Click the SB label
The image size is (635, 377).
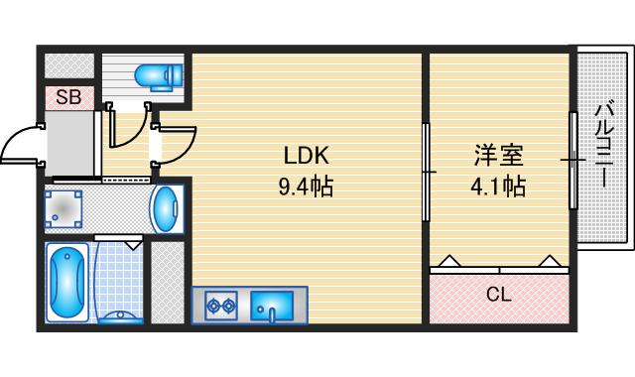click(68, 97)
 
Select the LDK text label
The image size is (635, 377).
click(307, 156)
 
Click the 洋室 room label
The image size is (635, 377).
click(498, 156)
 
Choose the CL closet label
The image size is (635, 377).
click(498, 294)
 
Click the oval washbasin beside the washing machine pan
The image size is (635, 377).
click(167, 208)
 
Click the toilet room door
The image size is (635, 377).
click(127, 124)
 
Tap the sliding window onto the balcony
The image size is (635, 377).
click(573, 159)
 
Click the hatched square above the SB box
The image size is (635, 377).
click(68, 65)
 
